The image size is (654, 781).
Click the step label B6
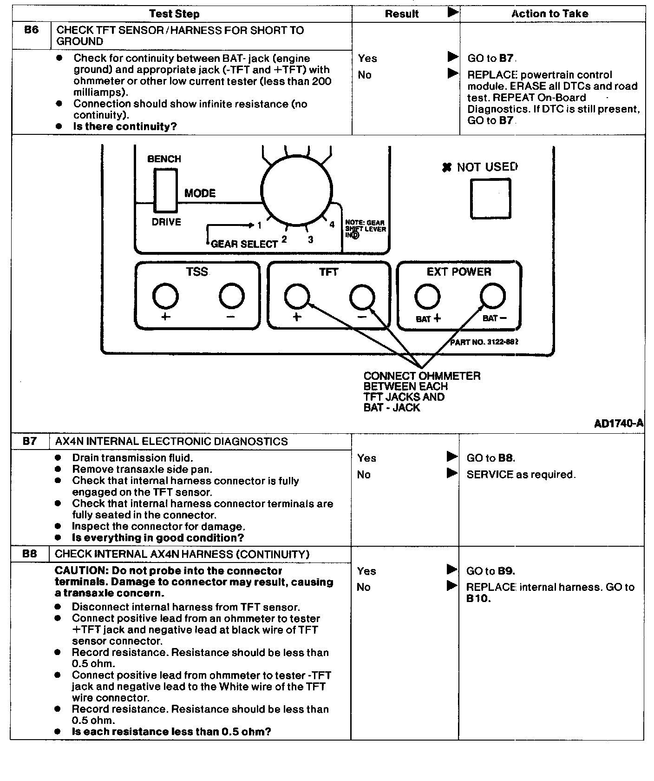(31, 30)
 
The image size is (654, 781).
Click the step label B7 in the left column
(29, 441)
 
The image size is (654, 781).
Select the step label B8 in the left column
(29, 554)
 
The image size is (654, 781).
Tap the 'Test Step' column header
(174, 14)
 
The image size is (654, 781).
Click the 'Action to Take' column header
(550, 14)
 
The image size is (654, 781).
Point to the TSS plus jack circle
(165, 296)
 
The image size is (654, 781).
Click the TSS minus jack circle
(232, 296)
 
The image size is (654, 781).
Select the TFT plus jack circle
(297, 296)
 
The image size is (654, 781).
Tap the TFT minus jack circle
(362, 296)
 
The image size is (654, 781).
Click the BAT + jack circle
(427, 296)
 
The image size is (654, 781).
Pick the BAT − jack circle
(493, 296)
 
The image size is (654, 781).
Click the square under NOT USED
(490, 199)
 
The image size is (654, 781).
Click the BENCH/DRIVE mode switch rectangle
(165, 191)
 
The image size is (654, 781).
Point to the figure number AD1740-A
(619, 423)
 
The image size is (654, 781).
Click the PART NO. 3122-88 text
(484, 342)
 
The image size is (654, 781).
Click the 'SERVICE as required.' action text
(521, 475)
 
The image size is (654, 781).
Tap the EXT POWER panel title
(459, 272)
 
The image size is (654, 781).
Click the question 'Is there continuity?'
(125, 126)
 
